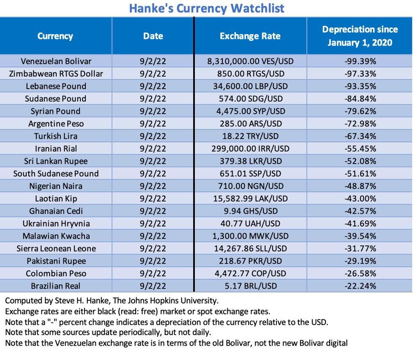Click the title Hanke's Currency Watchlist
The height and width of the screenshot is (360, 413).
click(x=206, y=8)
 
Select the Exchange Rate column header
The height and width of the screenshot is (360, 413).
click(x=250, y=36)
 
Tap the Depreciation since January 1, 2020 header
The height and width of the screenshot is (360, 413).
click(x=360, y=36)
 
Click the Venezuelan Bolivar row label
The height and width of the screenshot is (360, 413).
click(x=56, y=61)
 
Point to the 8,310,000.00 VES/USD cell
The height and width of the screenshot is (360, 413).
click(x=250, y=61)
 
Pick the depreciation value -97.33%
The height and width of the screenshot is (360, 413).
click(x=360, y=74)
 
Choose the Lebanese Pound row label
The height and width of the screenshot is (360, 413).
click(x=56, y=86)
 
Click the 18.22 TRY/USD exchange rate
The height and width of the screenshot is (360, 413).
click(x=250, y=136)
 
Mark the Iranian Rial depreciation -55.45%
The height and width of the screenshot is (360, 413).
click(x=360, y=149)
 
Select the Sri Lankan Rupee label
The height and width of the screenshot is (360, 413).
click(x=56, y=161)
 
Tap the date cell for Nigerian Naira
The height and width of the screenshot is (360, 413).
click(x=153, y=186)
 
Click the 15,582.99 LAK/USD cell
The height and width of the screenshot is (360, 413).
click(x=250, y=199)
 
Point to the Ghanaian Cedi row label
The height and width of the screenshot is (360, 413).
click(x=56, y=211)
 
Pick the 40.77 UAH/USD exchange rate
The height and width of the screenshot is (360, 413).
click(x=250, y=224)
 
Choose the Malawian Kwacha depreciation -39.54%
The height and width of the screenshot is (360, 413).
click(x=360, y=236)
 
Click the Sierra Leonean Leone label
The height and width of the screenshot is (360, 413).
click(x=56, y=248)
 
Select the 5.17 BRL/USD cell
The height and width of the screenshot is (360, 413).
click(x=250, y=286)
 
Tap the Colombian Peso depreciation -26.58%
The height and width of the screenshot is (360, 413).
click(x=360, y=273)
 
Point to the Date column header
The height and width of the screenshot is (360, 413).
click(x=153, y=36)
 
